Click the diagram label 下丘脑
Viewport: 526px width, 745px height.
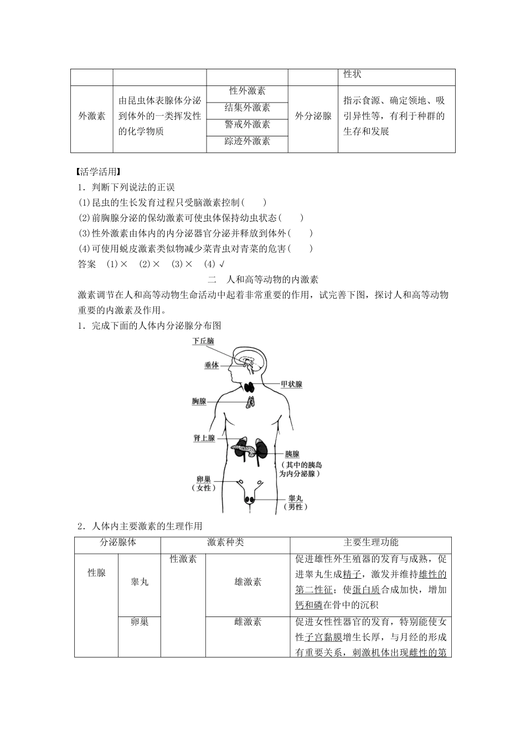click(203, 341)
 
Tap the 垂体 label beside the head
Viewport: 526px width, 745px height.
click(212, 365)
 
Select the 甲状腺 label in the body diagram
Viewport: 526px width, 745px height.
click(292, 384)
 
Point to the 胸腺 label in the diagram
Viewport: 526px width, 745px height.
click(199, 401)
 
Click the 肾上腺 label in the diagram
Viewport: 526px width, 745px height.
click(204, 438)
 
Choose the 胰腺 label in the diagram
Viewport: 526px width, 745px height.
click(292, 454)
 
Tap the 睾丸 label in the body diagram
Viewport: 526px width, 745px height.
click(296, 498)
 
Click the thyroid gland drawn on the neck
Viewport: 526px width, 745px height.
click(250, 387)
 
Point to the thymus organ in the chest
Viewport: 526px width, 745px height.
click(250, 402)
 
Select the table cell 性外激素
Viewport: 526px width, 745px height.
click(247, 91)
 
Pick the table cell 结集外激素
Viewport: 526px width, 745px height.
click(247, 108)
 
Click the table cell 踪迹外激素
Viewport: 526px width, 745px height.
click(247, 141)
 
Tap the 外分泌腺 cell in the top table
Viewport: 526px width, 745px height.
click(313, 116)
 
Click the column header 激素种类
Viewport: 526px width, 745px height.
click(225, 543)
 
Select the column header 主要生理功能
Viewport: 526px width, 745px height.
click(371, 543)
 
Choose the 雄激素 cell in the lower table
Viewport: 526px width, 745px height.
click(248, 581)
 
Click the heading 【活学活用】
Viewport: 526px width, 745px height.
click(96, 172)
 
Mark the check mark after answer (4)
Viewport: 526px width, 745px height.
click(222, 264)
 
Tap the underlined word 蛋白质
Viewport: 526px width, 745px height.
click(366, 590)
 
